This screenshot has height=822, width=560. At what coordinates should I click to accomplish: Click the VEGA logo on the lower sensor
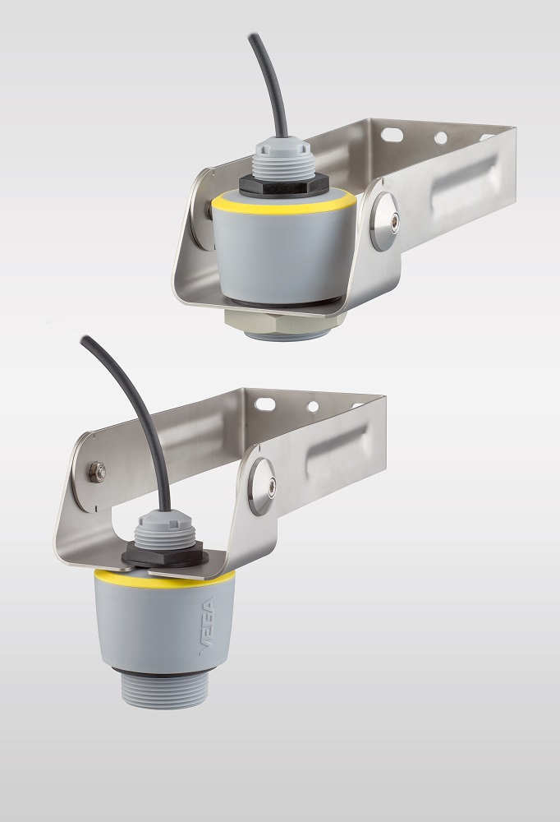point(208,626)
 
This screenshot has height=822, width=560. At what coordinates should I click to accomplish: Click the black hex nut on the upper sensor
point(283,185)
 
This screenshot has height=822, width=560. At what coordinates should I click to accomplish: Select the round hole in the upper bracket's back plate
point(441,138)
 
